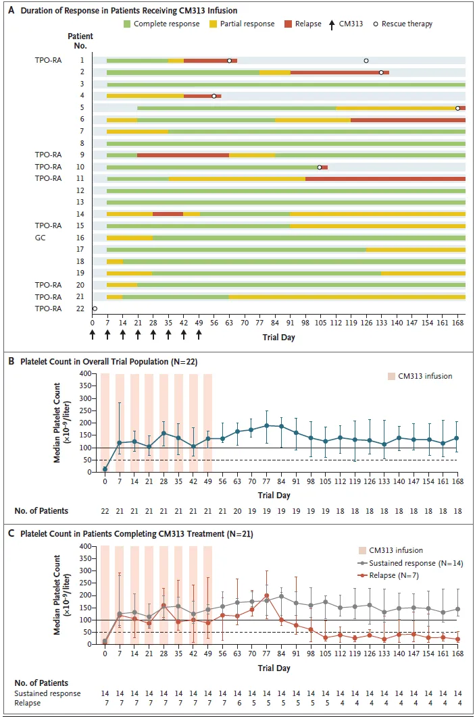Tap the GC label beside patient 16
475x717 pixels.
(41, 238)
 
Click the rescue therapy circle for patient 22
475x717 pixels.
(95, 309)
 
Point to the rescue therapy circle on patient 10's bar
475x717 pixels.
(320, 167)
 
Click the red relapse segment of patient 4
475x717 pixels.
(200, 96)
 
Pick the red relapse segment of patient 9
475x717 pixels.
(183, 155)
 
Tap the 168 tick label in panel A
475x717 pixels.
(459, 322)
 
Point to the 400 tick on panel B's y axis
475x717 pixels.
(85, 373)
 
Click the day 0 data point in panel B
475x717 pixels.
(105, 469)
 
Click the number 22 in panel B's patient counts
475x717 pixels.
(105, 511)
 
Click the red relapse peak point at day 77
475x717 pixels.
(267, 595)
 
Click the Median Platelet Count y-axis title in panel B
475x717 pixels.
(63, 422)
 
